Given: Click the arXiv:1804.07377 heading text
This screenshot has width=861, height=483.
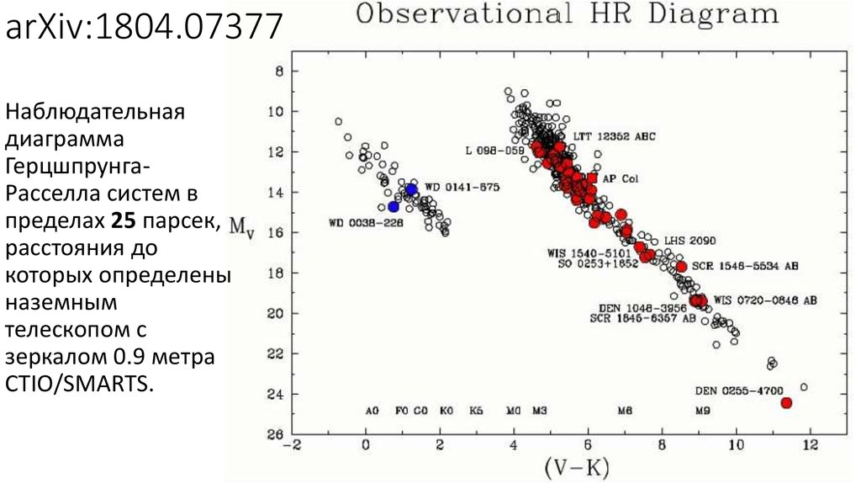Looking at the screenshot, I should click(x=144, y=27).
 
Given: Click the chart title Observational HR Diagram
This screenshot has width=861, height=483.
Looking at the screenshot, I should click(x=566, y=14).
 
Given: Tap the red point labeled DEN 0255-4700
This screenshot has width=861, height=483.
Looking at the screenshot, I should click(x=786, y=403).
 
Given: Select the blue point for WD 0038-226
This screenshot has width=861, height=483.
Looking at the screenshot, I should click(x=394, y=206).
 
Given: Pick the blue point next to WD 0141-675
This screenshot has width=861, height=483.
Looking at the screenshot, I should click(x=411, y=190).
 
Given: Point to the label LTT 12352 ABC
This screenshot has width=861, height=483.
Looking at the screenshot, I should click(x=614, y=136).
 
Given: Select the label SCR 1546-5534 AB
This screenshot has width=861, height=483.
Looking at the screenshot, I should click(x=744, y=266).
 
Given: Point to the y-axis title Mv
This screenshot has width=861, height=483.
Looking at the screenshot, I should click(x=241, y=227).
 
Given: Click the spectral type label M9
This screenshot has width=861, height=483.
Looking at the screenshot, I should click(x=702, y=411).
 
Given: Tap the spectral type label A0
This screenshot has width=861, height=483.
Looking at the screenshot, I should click(x=372, y=411).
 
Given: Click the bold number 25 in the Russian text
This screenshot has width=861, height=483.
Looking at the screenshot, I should click(x=123, y=222).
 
